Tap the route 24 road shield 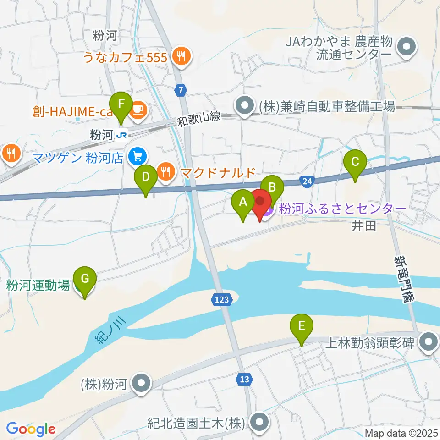(x=308, y=181)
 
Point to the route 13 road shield (x=244, y=379)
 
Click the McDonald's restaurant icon (x=165, y=172)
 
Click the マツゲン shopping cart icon (x=137, y=157)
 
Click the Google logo (x=31, y=429)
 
